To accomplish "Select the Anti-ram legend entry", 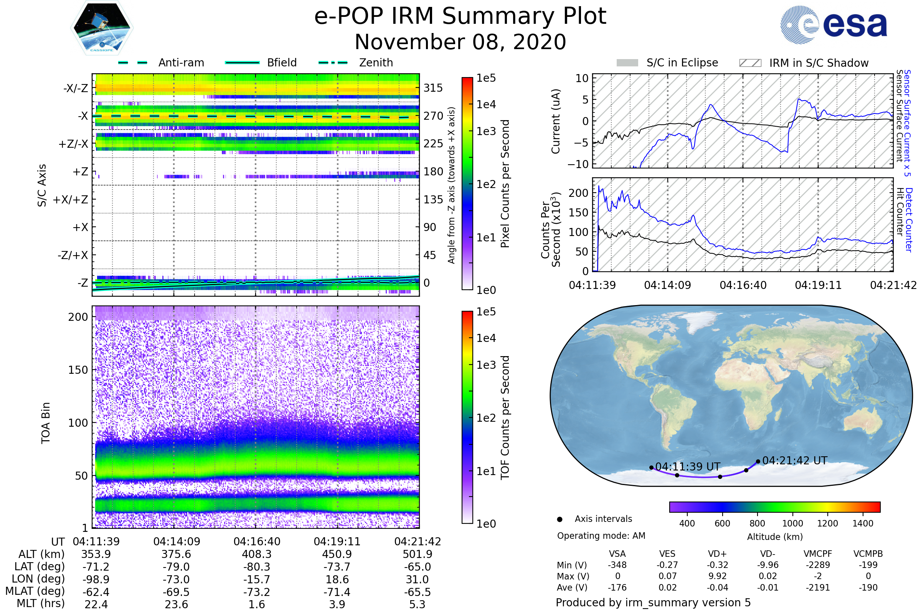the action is click(161, 63).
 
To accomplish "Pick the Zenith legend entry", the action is click(356, 63).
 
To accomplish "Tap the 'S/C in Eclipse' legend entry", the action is click(667, 63).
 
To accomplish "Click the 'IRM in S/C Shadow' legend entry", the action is click(804, 63).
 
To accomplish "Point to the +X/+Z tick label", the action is click(71, 200).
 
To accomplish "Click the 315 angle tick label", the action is click(433, 88).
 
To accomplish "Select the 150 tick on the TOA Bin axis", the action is click(78, 370).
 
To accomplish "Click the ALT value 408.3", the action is click(256, 555).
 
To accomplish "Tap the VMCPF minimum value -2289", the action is click(818, 565).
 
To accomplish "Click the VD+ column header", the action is click(717, 554).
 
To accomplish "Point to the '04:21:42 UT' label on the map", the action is click(795, 460).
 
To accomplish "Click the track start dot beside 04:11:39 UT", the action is click(651, 467).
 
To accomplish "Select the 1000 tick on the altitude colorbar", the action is click(792, 523).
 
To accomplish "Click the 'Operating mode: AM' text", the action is click(601, 536).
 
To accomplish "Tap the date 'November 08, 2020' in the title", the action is click(460, 42).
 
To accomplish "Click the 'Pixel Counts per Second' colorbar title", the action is click(505, 184).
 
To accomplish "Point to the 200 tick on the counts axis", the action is click(579, 193).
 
